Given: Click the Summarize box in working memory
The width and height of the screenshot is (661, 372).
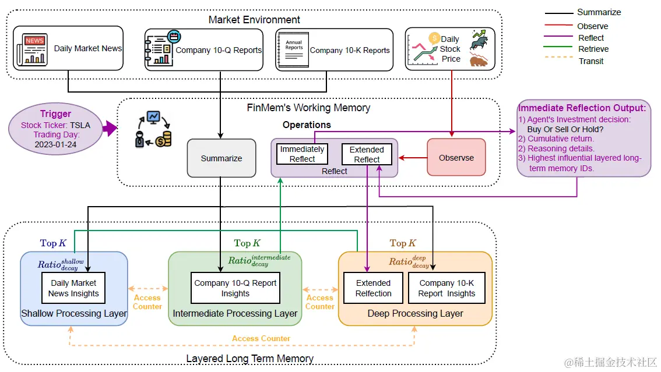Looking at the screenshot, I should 221,158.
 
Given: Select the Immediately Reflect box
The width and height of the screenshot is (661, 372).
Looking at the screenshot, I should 302,154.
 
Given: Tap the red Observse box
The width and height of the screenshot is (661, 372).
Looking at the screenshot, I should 456,157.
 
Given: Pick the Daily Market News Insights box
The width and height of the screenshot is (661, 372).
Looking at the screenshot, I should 73,288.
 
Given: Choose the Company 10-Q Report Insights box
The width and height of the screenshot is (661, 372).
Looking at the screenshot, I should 235,288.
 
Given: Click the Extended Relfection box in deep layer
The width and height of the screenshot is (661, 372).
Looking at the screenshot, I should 374,288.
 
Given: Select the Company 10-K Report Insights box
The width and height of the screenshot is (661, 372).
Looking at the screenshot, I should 446,288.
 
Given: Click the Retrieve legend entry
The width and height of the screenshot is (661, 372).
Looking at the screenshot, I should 593,49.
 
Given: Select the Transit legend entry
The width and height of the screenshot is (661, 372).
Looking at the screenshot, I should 590,61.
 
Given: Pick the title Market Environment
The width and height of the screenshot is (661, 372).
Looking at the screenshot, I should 254,20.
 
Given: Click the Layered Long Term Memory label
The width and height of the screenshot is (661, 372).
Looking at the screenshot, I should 249,359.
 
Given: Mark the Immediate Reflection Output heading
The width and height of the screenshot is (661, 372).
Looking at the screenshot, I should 582,108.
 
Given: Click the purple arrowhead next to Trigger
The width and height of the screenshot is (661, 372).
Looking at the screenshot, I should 110,129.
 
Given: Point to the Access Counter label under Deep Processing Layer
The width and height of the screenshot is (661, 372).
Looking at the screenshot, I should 261,338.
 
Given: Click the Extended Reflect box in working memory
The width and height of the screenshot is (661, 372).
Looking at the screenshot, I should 367,154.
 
